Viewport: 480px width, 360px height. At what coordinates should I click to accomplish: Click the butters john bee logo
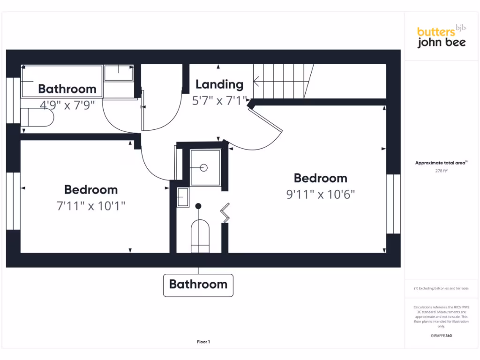(x=441, y=37)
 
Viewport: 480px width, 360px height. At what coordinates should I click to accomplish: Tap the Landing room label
(x=219, y=84)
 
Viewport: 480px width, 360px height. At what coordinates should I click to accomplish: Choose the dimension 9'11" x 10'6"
(x=321, y=194)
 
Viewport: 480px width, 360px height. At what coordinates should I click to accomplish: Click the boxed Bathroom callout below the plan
(x=198, y=285)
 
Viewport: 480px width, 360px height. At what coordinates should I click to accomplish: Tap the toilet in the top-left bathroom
(x=37, y=117)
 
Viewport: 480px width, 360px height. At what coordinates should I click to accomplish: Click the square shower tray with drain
(x=205, y=167)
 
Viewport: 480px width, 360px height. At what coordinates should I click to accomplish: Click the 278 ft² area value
(x=441, y=171)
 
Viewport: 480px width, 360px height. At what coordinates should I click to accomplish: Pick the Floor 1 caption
(x=203, y=342)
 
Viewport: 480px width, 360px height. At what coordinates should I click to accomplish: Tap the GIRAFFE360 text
(x=441, y=336)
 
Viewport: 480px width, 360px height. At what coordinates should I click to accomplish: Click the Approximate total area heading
(x=441, y=163)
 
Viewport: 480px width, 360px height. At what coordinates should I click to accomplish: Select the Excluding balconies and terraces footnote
(x=441, y=288)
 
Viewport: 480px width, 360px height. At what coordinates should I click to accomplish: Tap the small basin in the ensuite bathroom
(x=182, y=197)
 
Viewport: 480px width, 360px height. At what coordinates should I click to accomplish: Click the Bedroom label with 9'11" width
(x=321, y=178)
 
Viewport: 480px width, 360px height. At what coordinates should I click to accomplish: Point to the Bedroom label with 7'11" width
(x=91, y=190)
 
